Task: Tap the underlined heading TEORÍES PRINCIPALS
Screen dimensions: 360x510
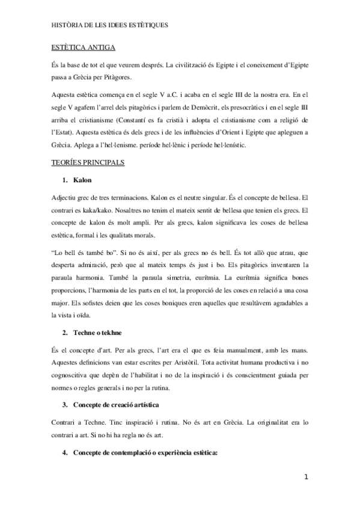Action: tap(88, 163)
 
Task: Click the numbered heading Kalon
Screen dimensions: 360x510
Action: tap(84, 180)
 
